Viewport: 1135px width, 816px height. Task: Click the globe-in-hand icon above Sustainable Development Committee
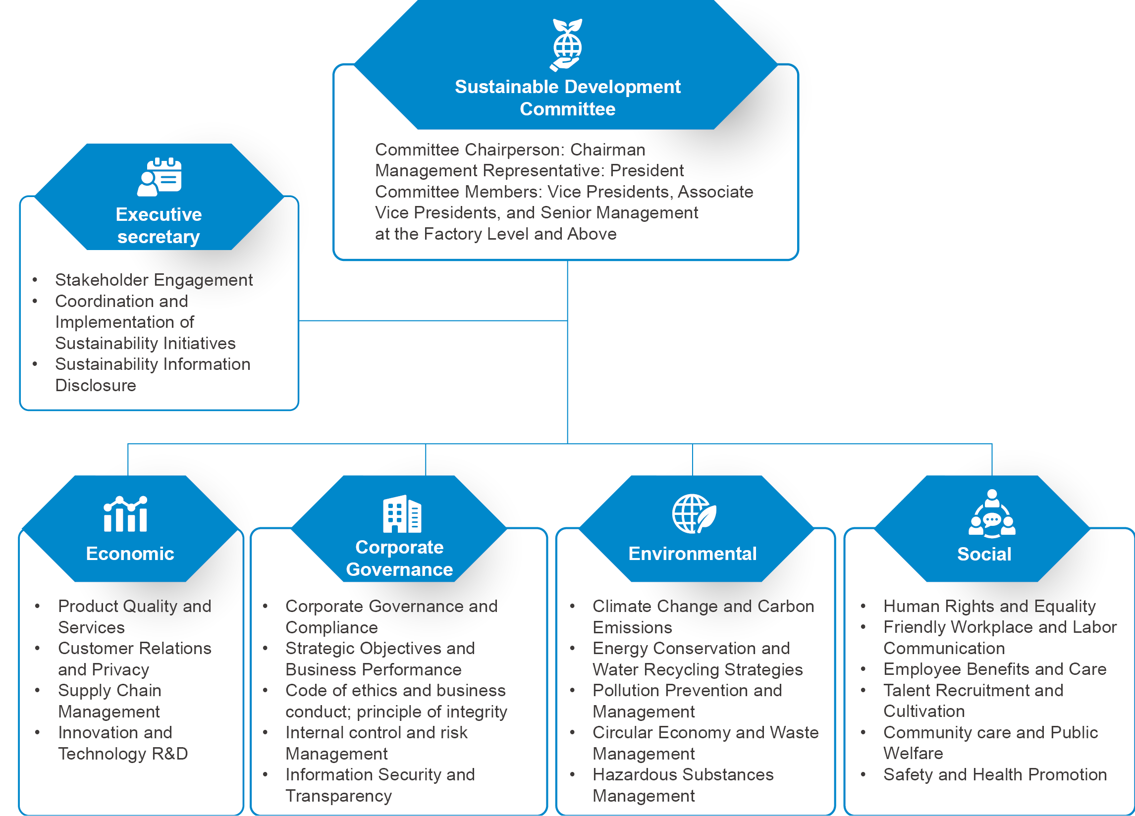pos(567,45)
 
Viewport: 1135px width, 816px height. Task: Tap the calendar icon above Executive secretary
pos(159,177)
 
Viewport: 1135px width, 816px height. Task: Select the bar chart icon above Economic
pos(125,514)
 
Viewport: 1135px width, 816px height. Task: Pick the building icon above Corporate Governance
pos(402,514)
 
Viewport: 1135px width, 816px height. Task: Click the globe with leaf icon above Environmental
pos(694,514)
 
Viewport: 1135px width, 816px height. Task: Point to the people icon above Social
pos(991,514)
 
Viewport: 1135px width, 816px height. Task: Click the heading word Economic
pos(130,554)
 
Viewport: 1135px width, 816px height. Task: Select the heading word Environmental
pos(692,554)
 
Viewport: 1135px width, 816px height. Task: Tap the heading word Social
pos(984,555)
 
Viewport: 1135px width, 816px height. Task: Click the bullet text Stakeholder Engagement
pos(154,280)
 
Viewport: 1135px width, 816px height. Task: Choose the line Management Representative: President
pos(529,171)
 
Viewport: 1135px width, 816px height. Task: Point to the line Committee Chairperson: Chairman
pos(509,150)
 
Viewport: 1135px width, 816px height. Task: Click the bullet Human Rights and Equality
pos(989,607)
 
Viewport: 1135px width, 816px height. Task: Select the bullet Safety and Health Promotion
pos(994,775)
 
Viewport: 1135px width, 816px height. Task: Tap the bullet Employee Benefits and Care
pos(994,669)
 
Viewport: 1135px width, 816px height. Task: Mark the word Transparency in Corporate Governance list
pos(338,796)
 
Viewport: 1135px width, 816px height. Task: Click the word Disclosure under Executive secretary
pos(96,386)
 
